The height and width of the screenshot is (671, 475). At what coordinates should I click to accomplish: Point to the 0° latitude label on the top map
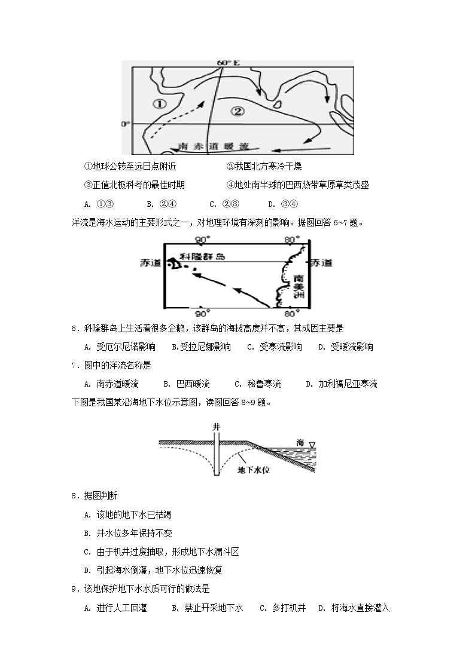[125, 124]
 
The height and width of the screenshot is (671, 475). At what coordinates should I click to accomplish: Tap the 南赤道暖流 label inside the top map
[209, 145]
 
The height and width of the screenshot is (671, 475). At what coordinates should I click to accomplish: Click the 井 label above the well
[216, 427]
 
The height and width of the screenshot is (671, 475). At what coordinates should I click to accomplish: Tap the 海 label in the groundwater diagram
[300, 443]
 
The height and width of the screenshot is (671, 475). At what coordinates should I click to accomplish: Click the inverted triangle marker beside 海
[312, 443]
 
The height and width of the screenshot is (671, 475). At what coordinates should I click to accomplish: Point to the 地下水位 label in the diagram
[254, 470]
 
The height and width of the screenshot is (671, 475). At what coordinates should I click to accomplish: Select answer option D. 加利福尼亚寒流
[341, 384]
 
